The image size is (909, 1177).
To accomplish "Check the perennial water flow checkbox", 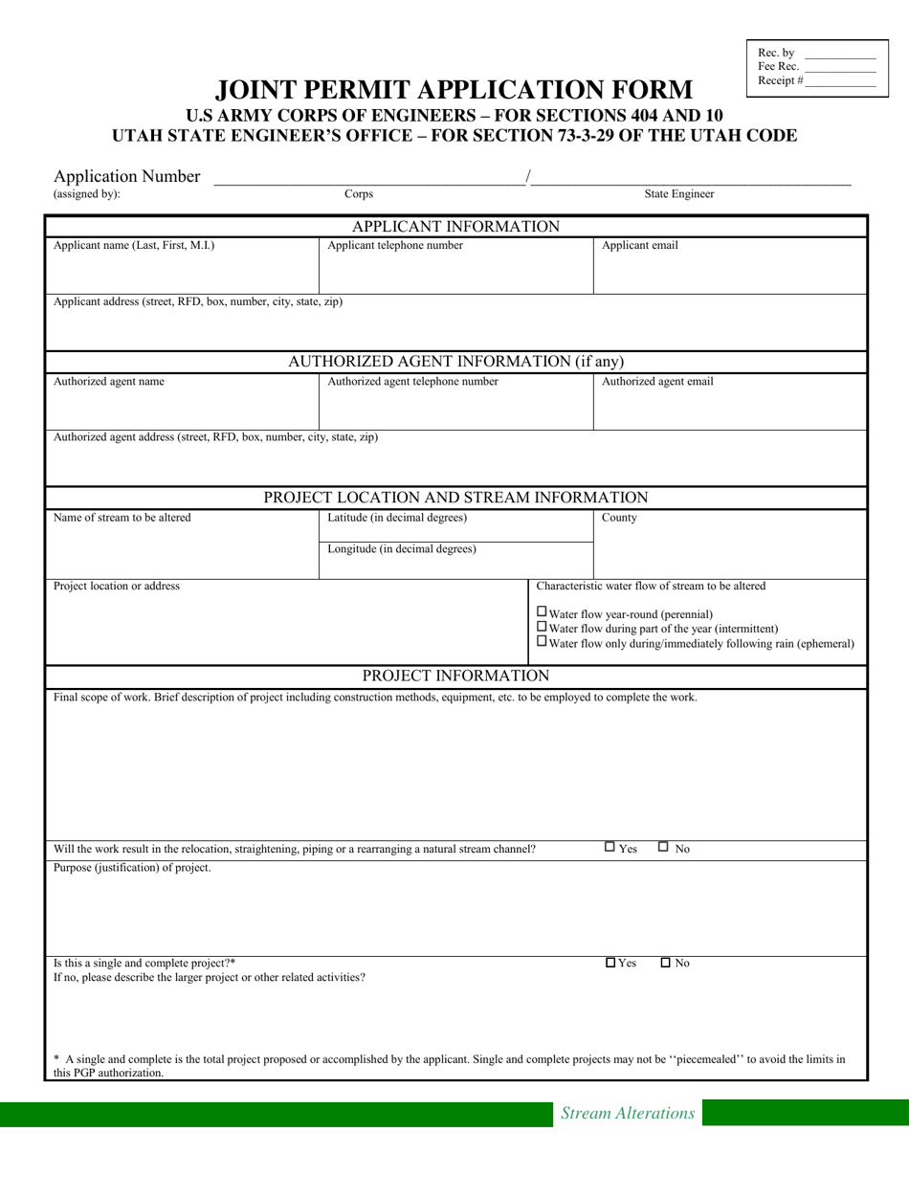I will coord(543,612).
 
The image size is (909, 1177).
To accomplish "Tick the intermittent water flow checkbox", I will coord(543,627).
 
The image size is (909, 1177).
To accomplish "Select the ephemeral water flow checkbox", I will coord(543,642).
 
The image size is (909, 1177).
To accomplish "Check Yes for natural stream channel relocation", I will coord(610,847).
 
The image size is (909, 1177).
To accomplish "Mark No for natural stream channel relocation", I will coord(664,847).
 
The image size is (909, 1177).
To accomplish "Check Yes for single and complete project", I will coord(610,963).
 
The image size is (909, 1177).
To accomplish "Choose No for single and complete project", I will coord(666,963).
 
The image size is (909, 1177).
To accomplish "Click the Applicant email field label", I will coord(639,246).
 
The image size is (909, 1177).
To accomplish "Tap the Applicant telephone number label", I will coord(395,246).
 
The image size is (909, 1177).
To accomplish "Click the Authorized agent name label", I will coord(108,382).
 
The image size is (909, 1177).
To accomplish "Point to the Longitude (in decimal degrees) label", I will coord(402,549).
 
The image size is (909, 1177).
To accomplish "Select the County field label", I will coord(619,518).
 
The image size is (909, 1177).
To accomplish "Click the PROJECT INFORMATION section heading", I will coord(455,677).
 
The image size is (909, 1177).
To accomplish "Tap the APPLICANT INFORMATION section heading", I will coord(455,227).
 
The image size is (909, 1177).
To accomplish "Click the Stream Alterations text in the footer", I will coord(627,1113).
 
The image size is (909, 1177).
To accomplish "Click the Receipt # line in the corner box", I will coord(839,82).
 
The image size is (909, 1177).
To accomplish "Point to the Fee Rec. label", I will coord(778,67).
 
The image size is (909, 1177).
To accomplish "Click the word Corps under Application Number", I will coord(359,194).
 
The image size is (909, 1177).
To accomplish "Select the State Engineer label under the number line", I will coord(678,194).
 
